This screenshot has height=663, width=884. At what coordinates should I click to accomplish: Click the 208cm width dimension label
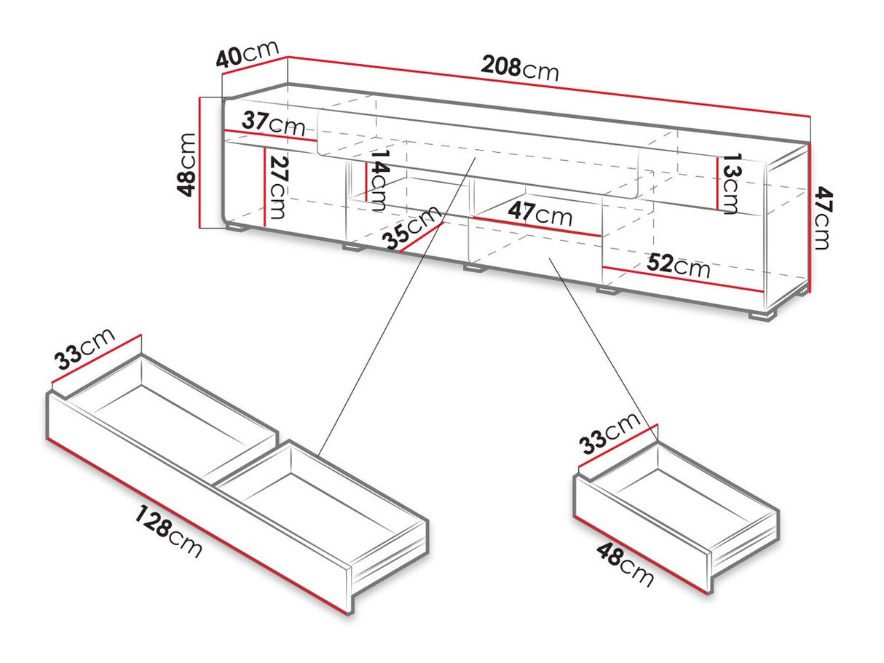519,68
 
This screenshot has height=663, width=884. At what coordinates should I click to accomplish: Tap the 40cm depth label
248,55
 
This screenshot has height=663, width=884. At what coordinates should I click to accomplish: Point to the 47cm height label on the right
821,218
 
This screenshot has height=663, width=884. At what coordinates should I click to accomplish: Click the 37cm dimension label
273,122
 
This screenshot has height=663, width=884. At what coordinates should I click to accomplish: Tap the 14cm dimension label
378,180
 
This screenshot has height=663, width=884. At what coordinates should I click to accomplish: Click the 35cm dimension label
412,227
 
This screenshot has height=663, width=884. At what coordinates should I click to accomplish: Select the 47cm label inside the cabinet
540,214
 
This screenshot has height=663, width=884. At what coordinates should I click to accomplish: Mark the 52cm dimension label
678,266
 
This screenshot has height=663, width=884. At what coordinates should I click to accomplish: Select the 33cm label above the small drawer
610,434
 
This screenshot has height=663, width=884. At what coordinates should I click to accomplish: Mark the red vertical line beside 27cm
264,186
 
